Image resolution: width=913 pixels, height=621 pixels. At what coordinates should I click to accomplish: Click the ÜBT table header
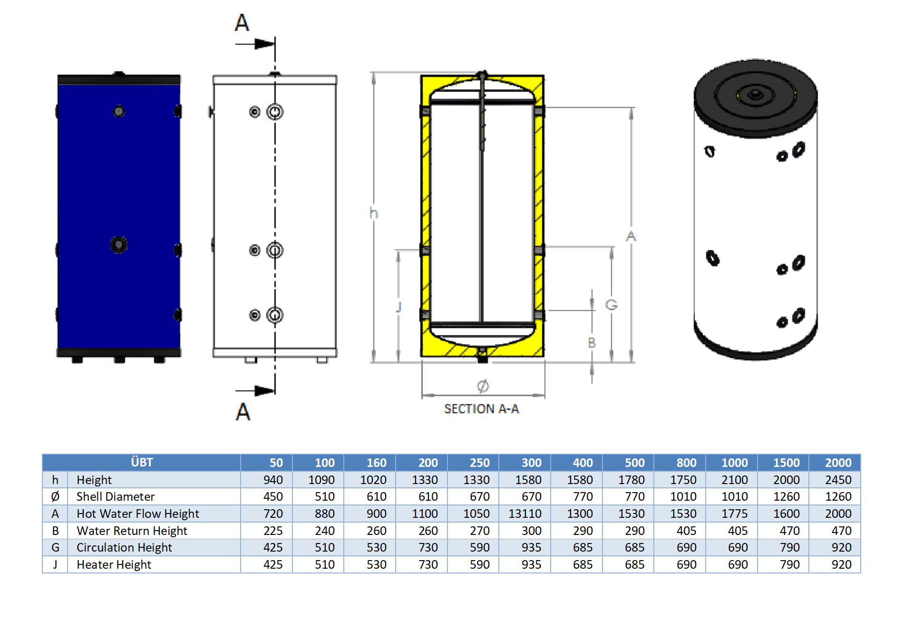pos(142,462)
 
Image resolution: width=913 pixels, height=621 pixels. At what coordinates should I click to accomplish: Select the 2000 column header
pos(838,463)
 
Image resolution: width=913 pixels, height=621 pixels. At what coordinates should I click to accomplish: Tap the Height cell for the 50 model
pos(273,480)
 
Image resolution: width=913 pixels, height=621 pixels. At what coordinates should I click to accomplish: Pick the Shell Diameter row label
pos(116,496)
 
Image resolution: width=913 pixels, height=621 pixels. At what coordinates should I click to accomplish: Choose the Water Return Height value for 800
pos(686,531)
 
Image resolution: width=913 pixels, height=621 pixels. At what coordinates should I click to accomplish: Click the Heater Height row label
pos(114,564)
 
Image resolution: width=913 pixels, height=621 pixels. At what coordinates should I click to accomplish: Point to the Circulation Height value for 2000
pos(841,547)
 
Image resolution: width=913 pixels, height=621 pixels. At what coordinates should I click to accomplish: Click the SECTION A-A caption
pos(481,409)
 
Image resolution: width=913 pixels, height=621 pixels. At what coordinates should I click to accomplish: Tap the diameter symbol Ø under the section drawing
pos(483,386)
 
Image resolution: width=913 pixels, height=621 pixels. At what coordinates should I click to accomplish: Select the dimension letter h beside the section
pos(374,213)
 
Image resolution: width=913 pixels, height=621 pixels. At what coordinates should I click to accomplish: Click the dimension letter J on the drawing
pos(399,307)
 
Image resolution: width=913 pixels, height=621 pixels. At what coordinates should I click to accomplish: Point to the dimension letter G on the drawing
pos(611,305)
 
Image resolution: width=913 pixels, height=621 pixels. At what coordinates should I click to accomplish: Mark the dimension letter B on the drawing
pos(592,342)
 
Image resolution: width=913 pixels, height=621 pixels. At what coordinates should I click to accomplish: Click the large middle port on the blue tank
pos(118,245)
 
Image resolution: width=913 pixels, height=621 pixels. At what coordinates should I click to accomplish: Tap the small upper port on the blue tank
pos(118,111)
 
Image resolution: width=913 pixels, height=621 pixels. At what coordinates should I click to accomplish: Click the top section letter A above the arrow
pos(242,23)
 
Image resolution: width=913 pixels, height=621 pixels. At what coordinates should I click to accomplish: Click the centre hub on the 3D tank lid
pos(755,95)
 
